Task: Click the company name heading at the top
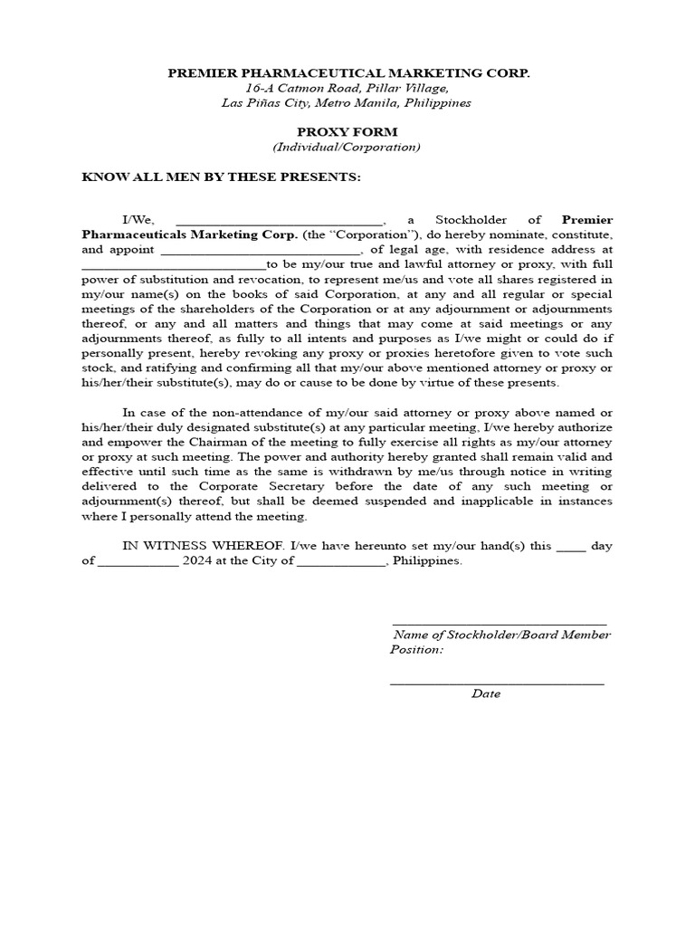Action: tap(347, 72)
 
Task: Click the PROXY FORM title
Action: tap(347, 131)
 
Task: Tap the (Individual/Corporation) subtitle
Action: tap(347, 147)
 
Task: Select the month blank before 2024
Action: tap(138, 562)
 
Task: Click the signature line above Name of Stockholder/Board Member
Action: tap(499, 624)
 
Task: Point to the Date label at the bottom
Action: tap(486, 694)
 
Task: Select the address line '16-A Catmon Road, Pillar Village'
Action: tap(347, 88)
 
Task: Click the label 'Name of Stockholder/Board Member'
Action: tap(500, 636)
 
